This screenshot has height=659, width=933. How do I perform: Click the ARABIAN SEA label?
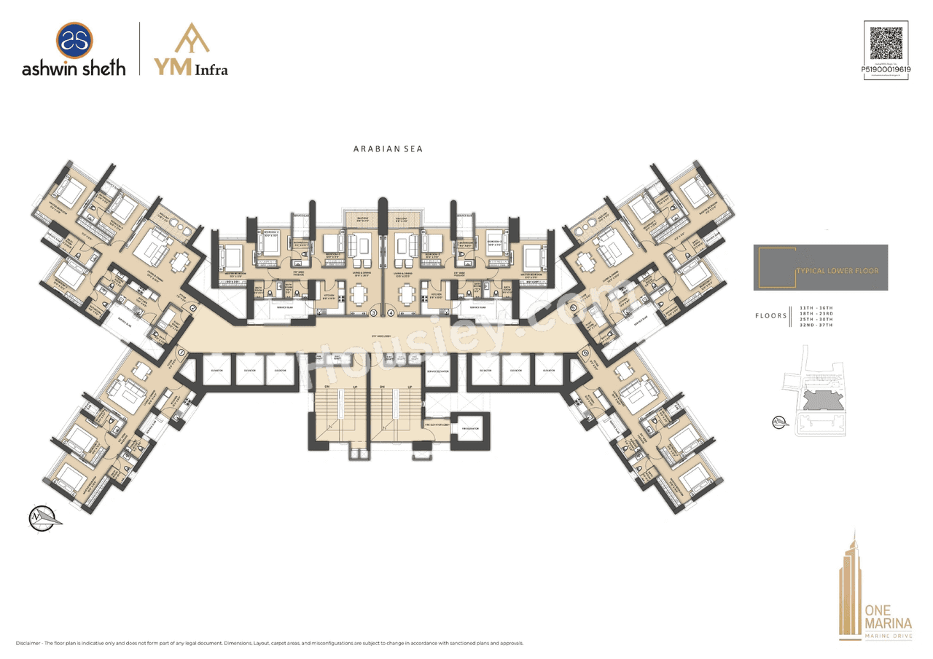[x=389, y=149]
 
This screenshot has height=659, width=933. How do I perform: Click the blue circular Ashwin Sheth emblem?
[x=74, y=41]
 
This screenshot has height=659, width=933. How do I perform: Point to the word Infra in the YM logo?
[x=211, y=70]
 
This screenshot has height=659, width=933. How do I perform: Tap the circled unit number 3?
[x=374, y=313]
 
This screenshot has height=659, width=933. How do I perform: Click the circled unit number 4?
[x=391, y=313]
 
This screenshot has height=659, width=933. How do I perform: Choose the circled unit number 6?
[x=585, y=354]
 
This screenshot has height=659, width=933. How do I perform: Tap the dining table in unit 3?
[x=359, y=294]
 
